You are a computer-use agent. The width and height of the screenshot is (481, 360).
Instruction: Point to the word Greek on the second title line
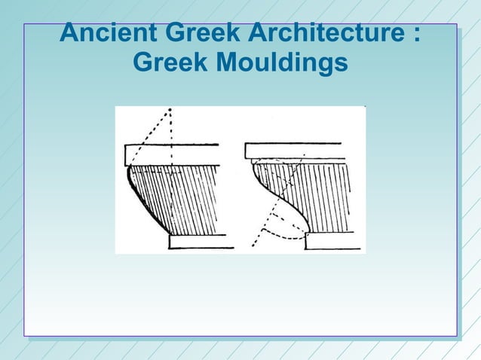point(171,65)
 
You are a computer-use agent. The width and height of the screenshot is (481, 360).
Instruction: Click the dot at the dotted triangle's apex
point(170,110)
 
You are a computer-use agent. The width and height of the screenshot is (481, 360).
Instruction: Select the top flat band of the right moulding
point(295,151)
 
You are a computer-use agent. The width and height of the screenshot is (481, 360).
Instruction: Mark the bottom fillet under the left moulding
point(198,241)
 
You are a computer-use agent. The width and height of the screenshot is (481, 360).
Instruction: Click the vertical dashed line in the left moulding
point(172,181)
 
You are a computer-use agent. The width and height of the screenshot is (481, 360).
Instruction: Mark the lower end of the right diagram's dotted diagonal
point(253,245)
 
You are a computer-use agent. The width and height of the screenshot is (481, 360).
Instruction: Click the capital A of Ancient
point(69,35)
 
